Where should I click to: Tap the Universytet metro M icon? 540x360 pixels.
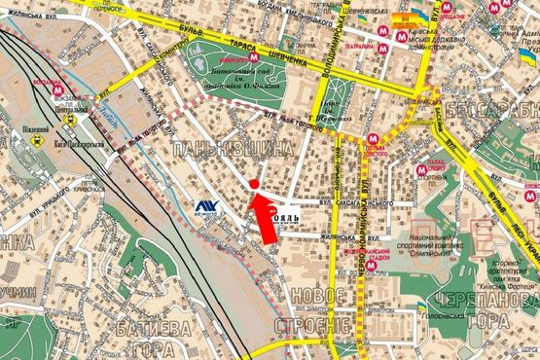point(255,58)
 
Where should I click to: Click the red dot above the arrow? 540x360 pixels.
point(255,183)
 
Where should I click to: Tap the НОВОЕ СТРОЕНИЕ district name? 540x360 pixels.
point(310,310)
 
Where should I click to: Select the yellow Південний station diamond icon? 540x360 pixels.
point(43,140)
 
